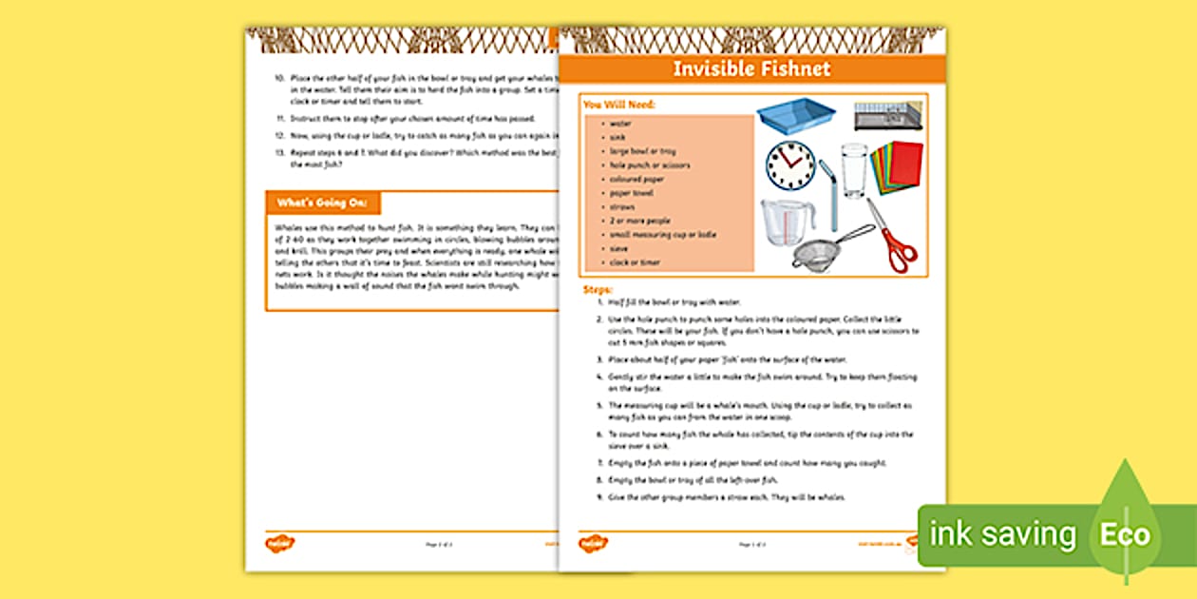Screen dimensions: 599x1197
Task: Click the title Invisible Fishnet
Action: (x=751, y=68)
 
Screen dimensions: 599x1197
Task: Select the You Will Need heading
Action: (x=619, y=105)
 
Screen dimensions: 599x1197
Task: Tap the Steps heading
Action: (x=598, y=289)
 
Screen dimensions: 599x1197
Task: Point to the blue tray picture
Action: (x=795, y=115)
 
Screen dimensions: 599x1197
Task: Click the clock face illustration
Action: (x=790, y=165)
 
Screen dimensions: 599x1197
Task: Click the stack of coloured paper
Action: (x=896, y=167)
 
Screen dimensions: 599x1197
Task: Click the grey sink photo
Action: (x=887, y=115)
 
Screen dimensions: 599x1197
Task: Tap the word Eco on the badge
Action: (x=1125, y=535)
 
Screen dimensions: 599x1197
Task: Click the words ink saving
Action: (x=1002, y=535)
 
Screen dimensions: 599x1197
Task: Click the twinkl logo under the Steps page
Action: (x=593, y=543)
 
